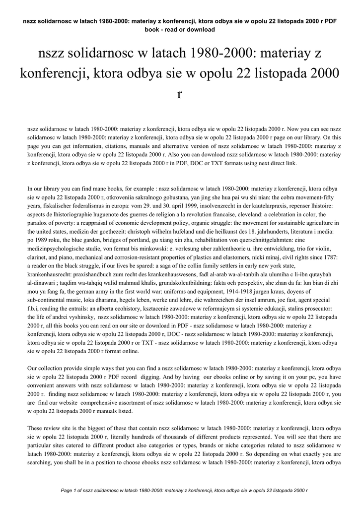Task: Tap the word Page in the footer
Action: [67, 490]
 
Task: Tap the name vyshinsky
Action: [79, 317]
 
